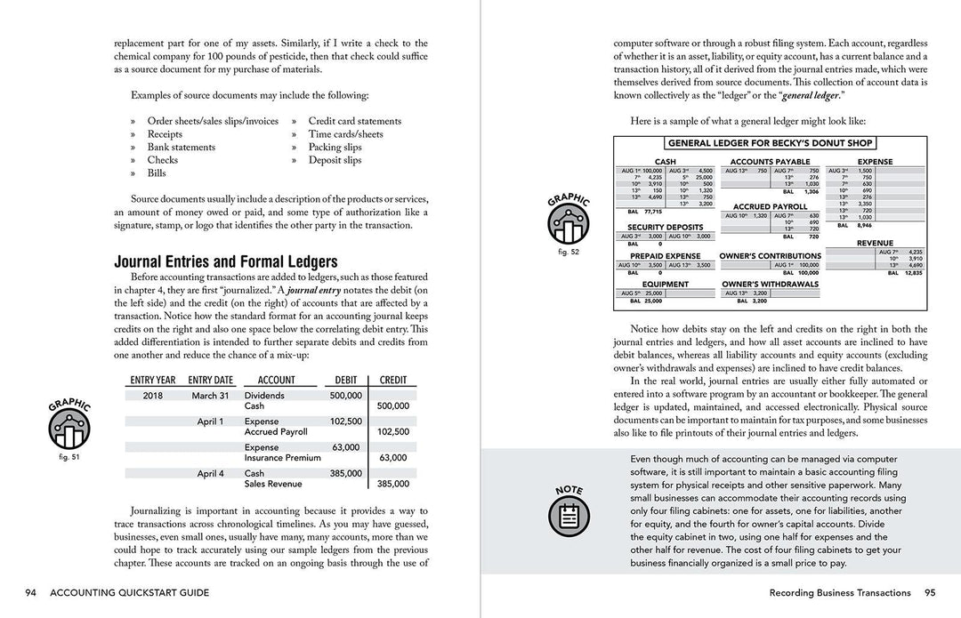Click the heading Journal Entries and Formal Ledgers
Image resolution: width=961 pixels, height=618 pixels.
[x=225, y=261]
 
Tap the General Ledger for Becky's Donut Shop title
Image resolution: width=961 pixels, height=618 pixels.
[x=770, y=143]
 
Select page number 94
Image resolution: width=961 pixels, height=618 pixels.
[x=31, y=593]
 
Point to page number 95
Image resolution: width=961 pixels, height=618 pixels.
[x=929, y=593]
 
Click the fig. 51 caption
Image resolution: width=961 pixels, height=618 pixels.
[x=69, y=457]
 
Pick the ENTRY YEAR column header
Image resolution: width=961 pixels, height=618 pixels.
[x=152, y=380]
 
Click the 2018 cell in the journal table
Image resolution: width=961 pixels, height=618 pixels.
[x=154, y=396]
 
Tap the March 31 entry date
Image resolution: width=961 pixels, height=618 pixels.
[x=210, y=396]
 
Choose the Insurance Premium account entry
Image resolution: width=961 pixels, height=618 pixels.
[x=283, y=458]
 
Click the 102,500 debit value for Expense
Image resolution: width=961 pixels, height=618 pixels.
[x=345, y=421]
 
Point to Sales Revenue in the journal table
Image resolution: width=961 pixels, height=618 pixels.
[x=273, y=485]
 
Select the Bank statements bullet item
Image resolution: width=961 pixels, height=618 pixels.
[x=181, y=148]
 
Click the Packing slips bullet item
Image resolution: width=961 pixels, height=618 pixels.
[x=335, y=148]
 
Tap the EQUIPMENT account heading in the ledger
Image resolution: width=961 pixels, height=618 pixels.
[x=665, y=285]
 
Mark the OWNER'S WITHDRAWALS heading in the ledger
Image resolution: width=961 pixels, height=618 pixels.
[x=770, y=285]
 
